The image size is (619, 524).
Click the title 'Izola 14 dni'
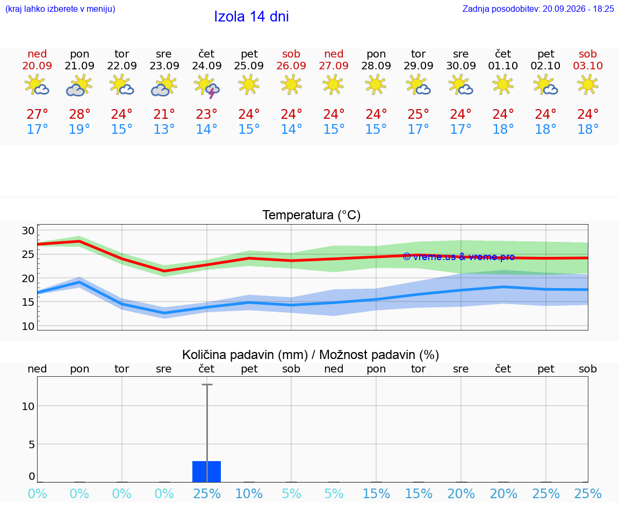click(251, 17)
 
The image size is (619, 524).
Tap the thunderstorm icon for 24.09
click(206, 86)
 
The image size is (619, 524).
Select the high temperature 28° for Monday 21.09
click(80, 114)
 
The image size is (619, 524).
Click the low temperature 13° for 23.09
click(164, 129)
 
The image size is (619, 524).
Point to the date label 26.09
click(291, 66)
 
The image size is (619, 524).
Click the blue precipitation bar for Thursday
click(206, 471)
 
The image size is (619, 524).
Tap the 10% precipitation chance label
click(249, 493)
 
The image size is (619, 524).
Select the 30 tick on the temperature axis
click(28, 231)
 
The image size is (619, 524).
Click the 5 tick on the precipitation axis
click(32, 444)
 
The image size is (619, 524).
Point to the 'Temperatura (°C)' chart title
click(312, 215)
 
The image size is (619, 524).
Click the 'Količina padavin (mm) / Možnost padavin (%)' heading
click(311, 355)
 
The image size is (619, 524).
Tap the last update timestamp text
click(538, 9)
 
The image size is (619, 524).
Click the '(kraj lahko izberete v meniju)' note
click(60, 9)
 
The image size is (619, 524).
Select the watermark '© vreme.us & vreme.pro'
click(459, 257)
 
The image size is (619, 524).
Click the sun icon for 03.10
click(588, 84)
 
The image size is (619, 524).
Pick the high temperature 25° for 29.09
click(419, 114)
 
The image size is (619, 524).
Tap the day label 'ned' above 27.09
click(334, 54)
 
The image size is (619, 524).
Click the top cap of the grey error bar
click(207, 384)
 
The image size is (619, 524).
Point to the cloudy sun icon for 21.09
click(79, 86)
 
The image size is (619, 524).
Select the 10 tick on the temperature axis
click(28, 326)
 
